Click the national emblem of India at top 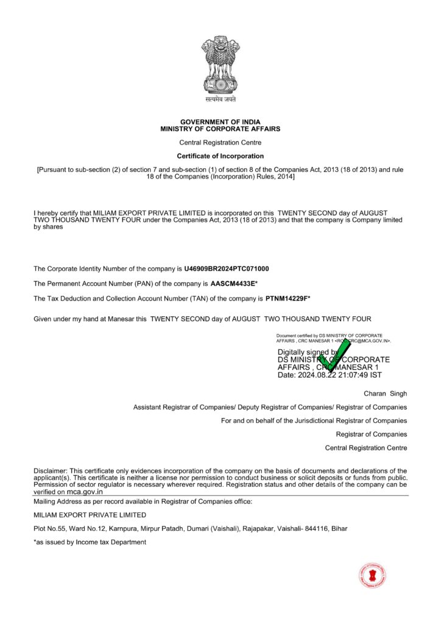point(220,65)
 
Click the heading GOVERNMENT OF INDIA point(220,122)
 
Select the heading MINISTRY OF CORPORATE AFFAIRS point(220,129)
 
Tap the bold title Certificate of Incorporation point(220,157)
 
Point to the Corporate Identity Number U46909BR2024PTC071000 point(227,269)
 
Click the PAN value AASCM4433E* point(234,283)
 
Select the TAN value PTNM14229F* point(288,298)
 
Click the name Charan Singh point(386,394)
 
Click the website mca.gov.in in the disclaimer point(85,492)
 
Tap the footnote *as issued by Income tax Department point(90,542)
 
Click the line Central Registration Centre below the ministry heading point(220,143)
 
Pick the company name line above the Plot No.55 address point(90,515)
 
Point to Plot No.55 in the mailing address point(51,528)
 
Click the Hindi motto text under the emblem point(220,99)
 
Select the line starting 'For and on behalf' point(314,420)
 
